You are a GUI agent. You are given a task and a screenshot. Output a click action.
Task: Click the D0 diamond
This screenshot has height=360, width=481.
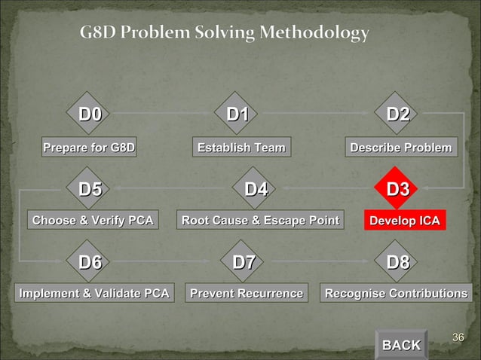pyautogui.click(x=90, y=115)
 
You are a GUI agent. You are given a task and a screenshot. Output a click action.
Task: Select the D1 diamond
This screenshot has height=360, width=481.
pyautogui.click(x=239, y=115)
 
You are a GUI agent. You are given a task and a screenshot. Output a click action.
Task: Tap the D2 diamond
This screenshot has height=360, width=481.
pyautogui.click(x=398, y=115)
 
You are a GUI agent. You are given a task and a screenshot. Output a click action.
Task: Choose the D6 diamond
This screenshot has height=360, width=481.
pyautogui.click(x=90, y=263)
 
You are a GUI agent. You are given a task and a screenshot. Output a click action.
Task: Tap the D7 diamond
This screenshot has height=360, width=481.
pyautogui.click(x=244, y=263)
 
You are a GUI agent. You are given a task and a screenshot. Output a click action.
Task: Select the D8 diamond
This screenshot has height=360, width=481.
pyautogui.click(x=398, y=263)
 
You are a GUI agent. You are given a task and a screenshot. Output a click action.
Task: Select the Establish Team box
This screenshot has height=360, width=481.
pyautogui.click(x=241, y=148)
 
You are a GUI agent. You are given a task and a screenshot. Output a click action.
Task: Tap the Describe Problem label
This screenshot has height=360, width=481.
pyautogui.click(x=401, y=148)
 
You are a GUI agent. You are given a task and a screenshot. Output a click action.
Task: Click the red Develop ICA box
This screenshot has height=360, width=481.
pyautogui.click(x=403, y=221)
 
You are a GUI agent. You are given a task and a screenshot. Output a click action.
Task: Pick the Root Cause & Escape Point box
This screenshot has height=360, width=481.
pyautogui.click(x=259, y=221)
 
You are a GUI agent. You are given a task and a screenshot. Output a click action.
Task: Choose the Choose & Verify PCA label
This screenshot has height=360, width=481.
pyautogui.click(x=93, y=221)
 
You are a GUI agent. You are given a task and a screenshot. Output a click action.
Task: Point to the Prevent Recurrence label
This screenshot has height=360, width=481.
pyautogui.click(x=246, y=293)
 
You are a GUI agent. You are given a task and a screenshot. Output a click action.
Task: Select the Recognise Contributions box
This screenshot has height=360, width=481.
pyautogui.click(x=396, y=293)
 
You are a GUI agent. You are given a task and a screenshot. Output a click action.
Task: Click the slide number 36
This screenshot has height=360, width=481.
pyautogui.click(x=457, y=336)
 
